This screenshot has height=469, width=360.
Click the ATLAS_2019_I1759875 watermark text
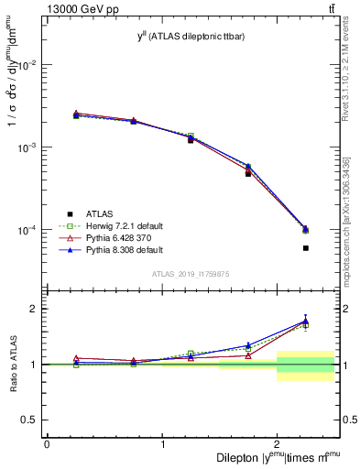click(x=192, y=273)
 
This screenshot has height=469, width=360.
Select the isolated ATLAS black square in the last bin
click(x=306, y=248)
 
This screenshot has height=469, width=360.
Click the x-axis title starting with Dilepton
click(x=278, y=457)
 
